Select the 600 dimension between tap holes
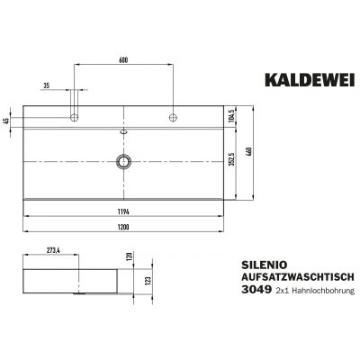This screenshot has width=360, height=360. point(123,59)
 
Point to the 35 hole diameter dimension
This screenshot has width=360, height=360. point(45,85)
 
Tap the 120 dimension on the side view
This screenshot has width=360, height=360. point(130,256)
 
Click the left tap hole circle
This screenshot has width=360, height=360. point(76,118)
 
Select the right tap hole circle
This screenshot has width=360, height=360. point(170,118)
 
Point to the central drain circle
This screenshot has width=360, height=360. point(123,162)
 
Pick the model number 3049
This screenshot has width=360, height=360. point(258,293)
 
